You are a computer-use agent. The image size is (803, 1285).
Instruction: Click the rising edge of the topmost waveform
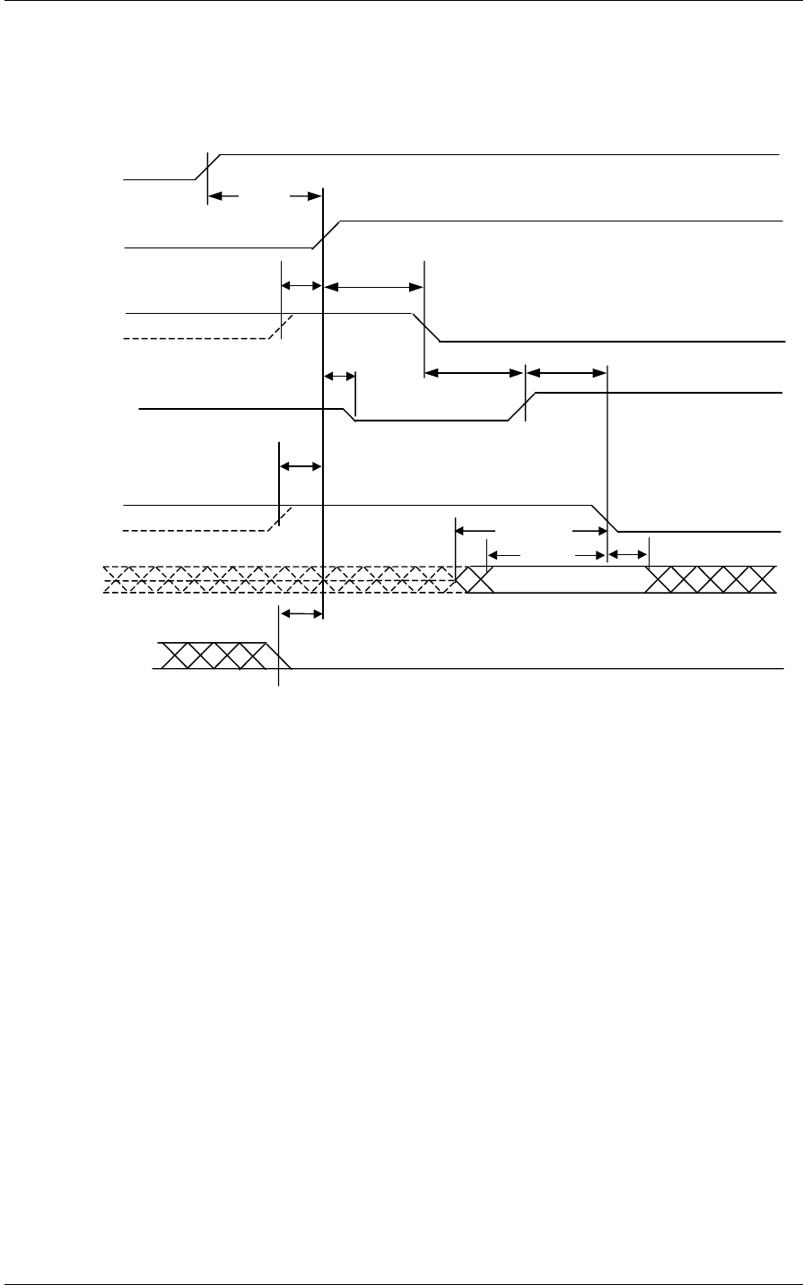[208, 167]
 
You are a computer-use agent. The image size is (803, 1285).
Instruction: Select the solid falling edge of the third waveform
[426, 327]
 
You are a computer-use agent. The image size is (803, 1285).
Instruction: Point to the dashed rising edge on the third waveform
[282, 326]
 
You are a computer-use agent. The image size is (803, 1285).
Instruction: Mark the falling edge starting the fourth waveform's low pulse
[351, 413]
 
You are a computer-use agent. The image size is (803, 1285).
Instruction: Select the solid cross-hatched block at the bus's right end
[711, 580]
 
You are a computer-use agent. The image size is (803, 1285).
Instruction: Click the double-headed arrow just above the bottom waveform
[301, 613]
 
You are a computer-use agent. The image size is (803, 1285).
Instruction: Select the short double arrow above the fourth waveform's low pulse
[339, 376]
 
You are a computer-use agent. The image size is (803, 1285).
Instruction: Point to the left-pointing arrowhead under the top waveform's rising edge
[218, 195]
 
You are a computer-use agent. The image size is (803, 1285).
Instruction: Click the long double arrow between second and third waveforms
[373, 287]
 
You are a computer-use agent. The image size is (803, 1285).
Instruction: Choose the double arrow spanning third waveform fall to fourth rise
[474, 371]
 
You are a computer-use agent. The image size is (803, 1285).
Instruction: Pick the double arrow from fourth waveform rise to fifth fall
[566, 371]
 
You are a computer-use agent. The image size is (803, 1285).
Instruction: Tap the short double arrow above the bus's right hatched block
[628, 556]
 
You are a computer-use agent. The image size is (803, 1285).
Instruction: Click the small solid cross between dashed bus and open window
[472, 580]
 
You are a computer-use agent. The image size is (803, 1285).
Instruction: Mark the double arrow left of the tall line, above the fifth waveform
[301, 466]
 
